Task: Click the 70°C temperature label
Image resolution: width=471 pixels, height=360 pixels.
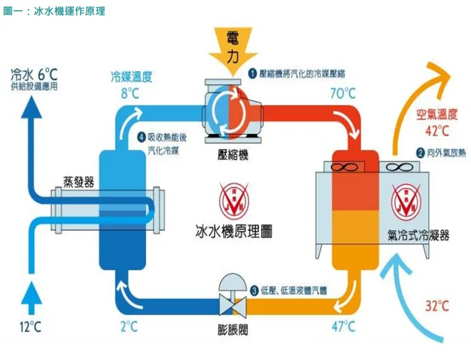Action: coord(342,93)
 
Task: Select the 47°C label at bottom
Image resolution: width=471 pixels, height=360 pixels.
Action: coord(342,327)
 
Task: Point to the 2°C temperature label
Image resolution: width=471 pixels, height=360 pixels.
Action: coord(129,327)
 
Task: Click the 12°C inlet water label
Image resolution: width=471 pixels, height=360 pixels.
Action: coord(30,327)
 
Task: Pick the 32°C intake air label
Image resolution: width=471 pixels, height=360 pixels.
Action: coord(437,306)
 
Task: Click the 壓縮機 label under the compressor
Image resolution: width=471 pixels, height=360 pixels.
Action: coord(233,155)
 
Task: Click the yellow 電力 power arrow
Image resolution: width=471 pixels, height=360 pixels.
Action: coord(233,50)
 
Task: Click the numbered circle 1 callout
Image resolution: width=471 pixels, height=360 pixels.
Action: coord(252,73)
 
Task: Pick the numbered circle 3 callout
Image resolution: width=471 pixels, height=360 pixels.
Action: coord(254,291)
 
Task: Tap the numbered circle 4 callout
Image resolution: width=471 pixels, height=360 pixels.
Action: coord(141,137)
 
